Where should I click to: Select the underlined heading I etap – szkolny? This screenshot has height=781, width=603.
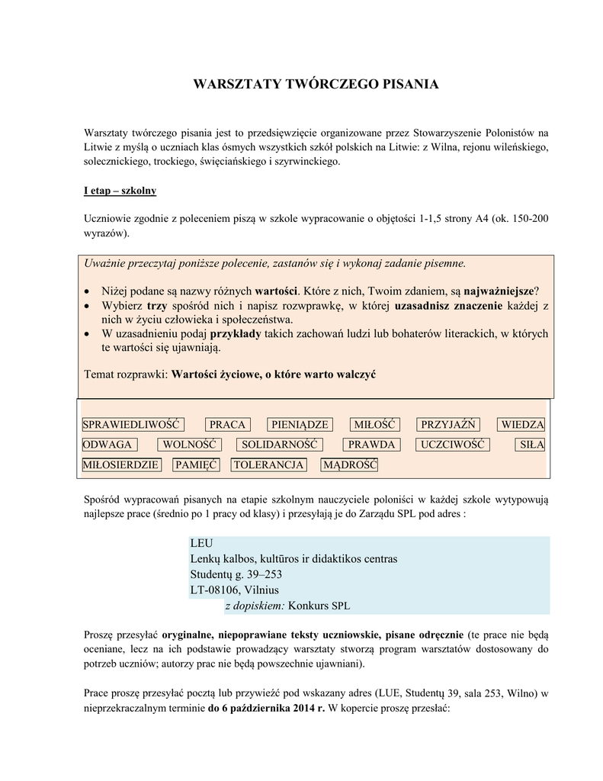pyautogui.click(x=120, y=191)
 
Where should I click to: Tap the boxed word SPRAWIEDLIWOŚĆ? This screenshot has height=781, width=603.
pyautogui.click(x=130, y=425)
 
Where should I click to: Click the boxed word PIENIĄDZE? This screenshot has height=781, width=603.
pyautogui.click(x=299, y=425)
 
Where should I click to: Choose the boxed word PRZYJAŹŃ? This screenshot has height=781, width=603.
pyautogui.click(x=447, y=425)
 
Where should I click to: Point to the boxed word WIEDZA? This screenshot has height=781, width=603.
pyautogui.click(x=522, y=425)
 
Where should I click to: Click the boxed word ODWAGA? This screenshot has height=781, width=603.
pyautogui.click(x=107, y=445)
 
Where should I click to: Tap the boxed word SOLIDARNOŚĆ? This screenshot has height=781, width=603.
pyautogui.click(x=279, y=445)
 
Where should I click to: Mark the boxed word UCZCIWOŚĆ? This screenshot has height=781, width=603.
pyautogui.click(x=453, y=445)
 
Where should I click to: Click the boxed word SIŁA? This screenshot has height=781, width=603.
pyautogui.click(x=531, y=445)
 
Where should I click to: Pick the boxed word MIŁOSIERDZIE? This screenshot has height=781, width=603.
pyautogui.click(x=121, y=464)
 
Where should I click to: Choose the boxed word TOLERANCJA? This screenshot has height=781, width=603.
pyautogui.click(x=268, y=464)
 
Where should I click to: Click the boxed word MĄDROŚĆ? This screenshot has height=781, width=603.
pyautogui.click(x=350, y=464)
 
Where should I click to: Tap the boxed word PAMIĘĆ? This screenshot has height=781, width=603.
pyautogui.click(x=196, y=464)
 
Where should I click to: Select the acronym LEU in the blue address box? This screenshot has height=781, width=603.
pyautogui.click(x=200, y=543)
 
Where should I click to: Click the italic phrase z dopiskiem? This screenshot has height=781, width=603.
pyautogui.click(x=255, y=606)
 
